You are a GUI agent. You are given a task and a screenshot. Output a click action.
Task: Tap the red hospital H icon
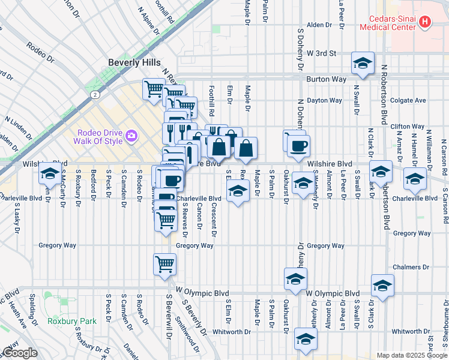[x=425, y=22]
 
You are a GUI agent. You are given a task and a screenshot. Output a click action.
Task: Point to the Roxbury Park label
[x=72, y=321]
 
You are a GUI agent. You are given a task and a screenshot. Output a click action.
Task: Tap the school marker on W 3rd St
[x=363, y=64]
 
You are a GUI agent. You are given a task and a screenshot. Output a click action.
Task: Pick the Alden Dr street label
[x=319, y=25]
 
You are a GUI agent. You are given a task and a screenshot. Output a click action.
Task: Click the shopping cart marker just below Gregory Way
[x=164, y=263]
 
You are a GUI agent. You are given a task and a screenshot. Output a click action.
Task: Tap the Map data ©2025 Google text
[x=412, y=355]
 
